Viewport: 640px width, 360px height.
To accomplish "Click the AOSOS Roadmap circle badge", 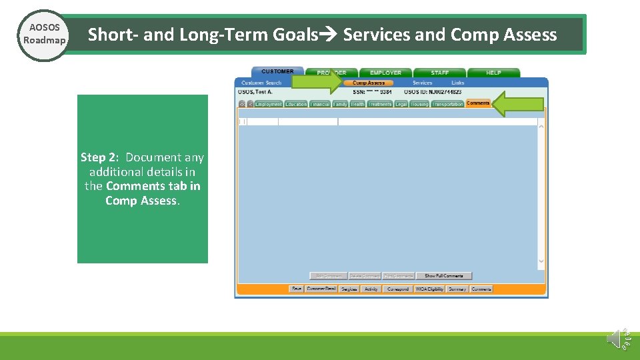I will point(44,35).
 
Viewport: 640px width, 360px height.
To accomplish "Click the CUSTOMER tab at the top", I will point(277,71).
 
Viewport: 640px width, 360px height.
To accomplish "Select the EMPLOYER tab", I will point(385,73).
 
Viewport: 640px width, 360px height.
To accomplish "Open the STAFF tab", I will point(439,73).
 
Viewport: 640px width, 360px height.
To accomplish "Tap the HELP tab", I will point(493,73).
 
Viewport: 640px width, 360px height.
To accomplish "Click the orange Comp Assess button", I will point(369,83).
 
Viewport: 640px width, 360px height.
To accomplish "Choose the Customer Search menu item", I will point(261,83).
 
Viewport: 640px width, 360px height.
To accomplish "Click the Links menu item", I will point(458,83).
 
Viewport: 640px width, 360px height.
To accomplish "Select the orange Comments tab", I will point(478,103).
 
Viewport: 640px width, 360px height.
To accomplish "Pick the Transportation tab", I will point(447,104).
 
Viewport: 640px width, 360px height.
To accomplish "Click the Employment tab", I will point(269,104).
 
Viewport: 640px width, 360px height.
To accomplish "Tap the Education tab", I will point(296,104).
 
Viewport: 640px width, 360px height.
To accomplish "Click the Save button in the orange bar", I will point(297,289).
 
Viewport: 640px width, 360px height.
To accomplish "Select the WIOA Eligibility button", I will point(429,289).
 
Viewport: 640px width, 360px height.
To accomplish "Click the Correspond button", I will point(398,289).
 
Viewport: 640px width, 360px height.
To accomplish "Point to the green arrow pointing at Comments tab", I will point(518,104).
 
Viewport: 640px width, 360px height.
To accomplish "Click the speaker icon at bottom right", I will point(617,339).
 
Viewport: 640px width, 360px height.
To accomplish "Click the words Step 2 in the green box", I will point(99,157).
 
